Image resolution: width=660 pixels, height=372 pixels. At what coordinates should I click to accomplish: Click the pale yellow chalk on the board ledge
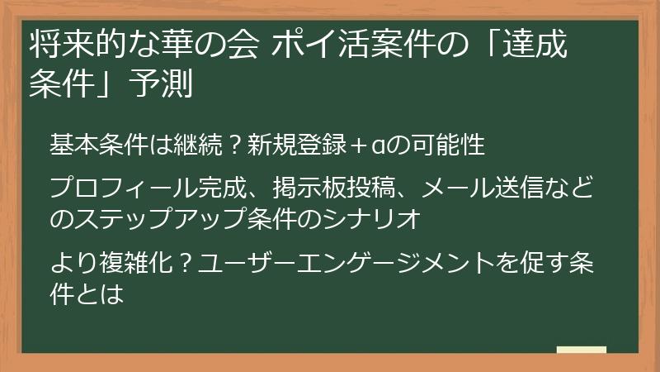(582, 350)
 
